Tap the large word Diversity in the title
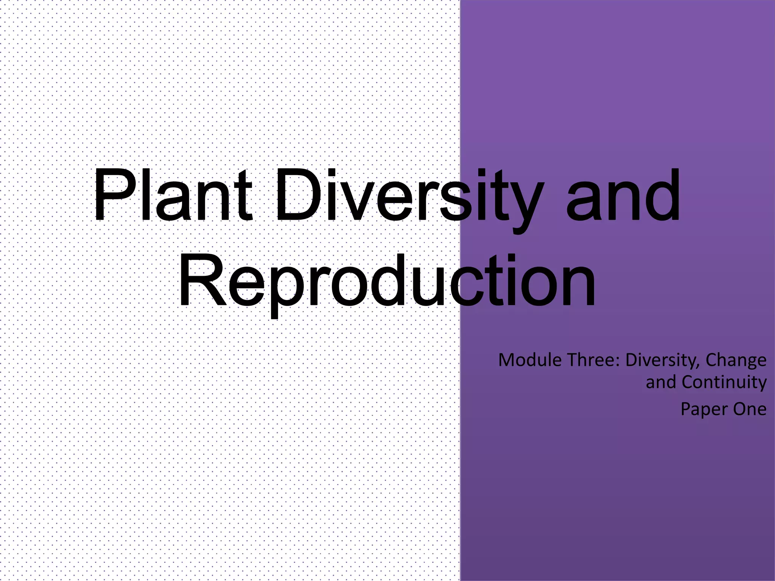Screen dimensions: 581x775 [409, 197]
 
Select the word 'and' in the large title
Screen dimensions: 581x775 [623, 197]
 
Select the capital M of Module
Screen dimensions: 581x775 [507, 360]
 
